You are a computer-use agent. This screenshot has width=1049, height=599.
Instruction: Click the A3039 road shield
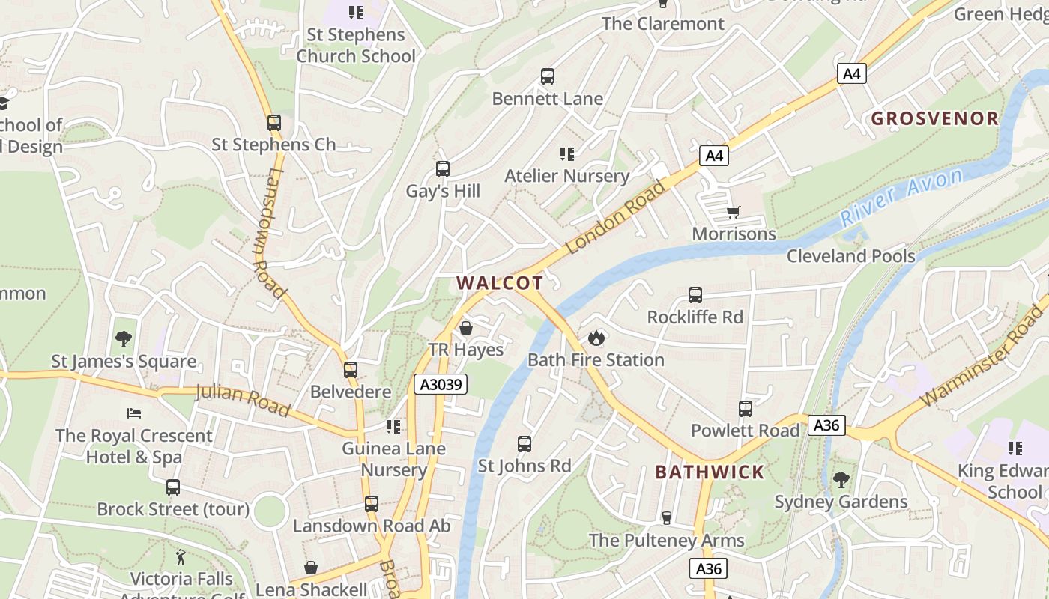click(441, 385)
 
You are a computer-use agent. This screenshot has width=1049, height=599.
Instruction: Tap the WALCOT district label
click(500, 283)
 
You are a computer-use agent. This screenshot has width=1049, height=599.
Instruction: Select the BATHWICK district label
click(710, 472)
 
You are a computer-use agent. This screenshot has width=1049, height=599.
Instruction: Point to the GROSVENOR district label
click(934, 118)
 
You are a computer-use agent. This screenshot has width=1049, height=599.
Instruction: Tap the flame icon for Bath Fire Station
click(596, 338)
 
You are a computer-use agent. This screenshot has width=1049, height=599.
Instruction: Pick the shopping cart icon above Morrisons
click(733, 213)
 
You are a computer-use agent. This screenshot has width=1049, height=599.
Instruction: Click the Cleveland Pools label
click(850, 256)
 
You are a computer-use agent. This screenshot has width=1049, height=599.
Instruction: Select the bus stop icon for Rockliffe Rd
click(695, 295)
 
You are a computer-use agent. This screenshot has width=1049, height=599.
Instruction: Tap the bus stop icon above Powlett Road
click(745, 409)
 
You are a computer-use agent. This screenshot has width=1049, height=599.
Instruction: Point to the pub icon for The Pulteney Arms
click(665, 518)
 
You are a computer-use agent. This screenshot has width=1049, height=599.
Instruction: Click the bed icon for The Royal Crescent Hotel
click(134, 413)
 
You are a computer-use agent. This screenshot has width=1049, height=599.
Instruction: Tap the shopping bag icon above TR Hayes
click(465, 328)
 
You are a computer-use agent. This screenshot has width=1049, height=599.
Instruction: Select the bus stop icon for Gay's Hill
click(442, 169)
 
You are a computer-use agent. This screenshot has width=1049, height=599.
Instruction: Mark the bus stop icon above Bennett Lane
click(548, 76)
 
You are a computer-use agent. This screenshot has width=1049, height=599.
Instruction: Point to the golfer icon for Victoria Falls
click(181, 557)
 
